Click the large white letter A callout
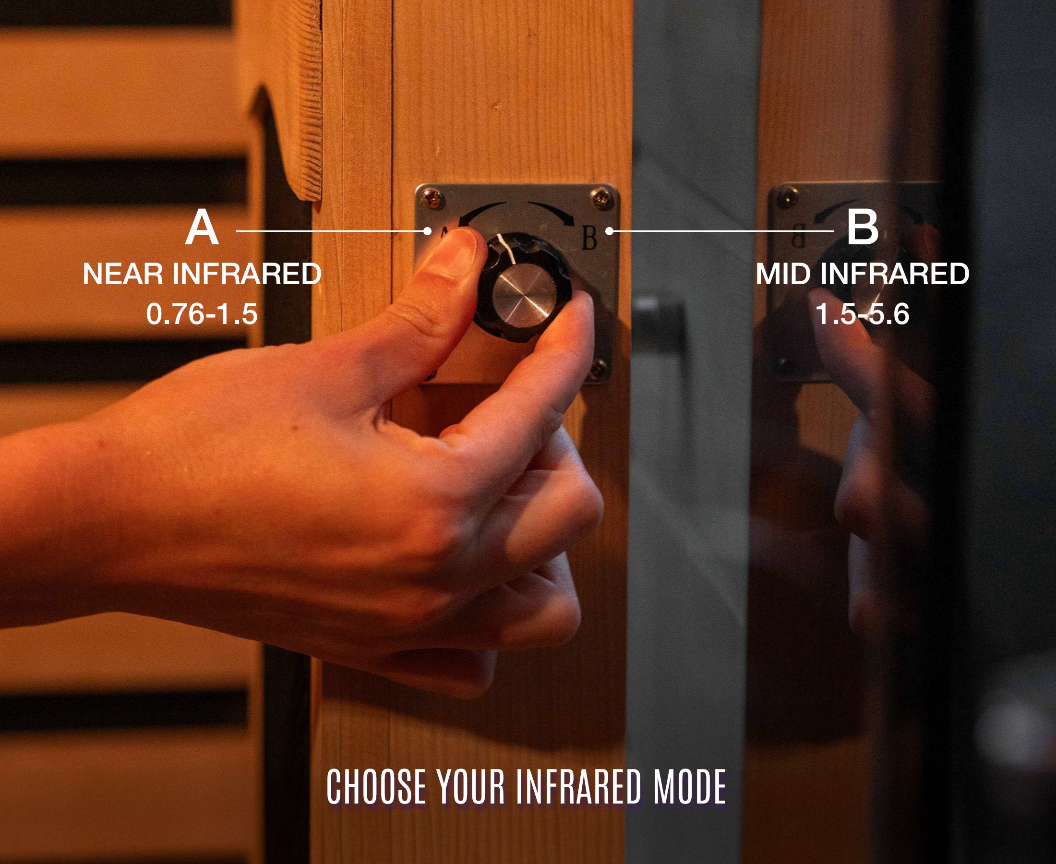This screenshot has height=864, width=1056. (202, 228)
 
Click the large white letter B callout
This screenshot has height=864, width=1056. (863, 228)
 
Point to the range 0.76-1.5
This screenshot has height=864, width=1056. (202, 313)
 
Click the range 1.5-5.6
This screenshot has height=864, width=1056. (863, 313)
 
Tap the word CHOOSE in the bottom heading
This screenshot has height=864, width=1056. (376, 786)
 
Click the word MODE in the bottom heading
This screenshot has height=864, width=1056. (690, 786)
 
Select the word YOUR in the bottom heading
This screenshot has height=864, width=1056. (471, 786)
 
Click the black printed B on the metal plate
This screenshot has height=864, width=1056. (589, 238)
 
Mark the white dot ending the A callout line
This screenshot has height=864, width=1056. (427, 231)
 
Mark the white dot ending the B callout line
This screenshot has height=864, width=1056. (609, 231)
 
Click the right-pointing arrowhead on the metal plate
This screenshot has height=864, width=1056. (567, 217)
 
